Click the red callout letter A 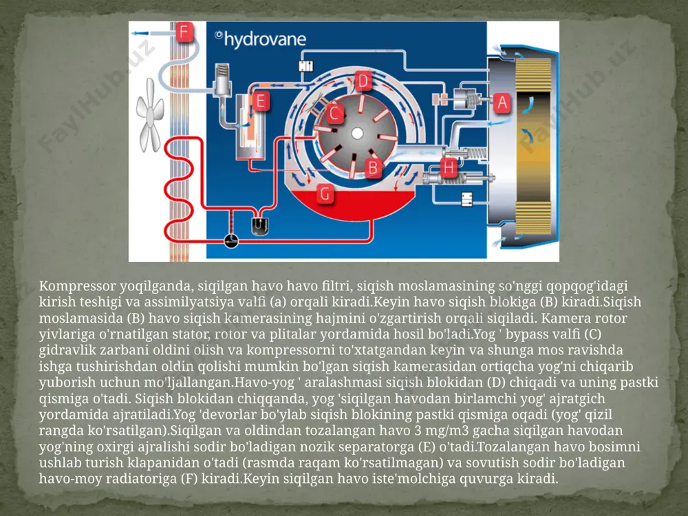coord(502,103)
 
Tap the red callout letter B coord(373,168)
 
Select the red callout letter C coord(334,114)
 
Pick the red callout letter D coord(363,80)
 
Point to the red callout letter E coord(261,101)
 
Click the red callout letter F coord(184,32)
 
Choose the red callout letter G coord(325,193)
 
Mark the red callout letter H coord(449,168)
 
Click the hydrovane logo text coord(261,39)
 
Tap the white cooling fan coord(149,116)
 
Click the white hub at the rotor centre coord(357,133)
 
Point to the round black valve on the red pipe coord(231,240)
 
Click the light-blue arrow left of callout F coord(142,33)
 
